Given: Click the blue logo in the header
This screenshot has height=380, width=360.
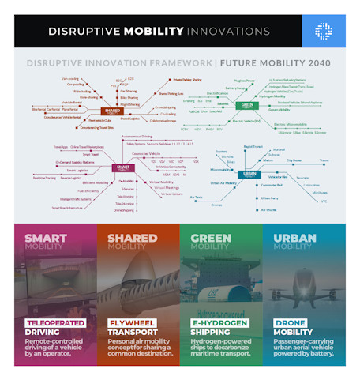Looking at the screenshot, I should pyautogui.click(x=324, y=31).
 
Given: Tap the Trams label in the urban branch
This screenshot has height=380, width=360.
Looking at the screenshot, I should pyautogui.click(x=323, y=160).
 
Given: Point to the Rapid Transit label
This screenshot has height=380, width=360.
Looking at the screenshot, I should pyautogui.click(x=253, y=146).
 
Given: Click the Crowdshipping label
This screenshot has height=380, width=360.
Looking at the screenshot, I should pyautogui.click(x=166, y=107).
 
